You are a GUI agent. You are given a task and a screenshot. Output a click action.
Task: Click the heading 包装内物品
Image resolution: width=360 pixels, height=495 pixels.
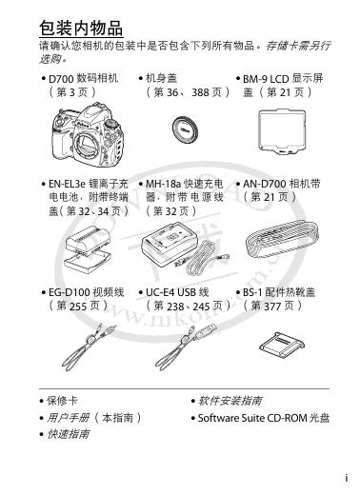coord(81,28)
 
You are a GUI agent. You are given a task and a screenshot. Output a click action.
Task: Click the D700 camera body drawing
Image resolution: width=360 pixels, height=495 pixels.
coord(88,135)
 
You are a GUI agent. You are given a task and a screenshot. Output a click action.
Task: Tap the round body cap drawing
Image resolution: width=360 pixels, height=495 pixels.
coord(185,129)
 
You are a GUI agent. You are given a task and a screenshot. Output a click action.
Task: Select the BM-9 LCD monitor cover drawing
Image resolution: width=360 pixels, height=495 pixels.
coord(282,131)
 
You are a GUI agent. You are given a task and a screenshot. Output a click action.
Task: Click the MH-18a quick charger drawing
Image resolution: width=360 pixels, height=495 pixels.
coord(186,247)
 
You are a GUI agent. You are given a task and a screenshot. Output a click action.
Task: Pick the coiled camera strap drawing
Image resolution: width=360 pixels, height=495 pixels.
coord(282,240)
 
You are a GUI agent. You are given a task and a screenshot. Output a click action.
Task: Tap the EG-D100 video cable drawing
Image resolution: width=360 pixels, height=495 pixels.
coord(90,346)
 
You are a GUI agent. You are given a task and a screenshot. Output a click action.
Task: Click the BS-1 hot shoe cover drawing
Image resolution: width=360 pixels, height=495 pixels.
coord(282,346)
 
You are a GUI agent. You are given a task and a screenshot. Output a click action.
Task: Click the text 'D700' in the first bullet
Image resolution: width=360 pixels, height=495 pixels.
coord(61,79)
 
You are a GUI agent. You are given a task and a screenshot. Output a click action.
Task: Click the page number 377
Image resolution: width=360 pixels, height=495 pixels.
coord(272,307)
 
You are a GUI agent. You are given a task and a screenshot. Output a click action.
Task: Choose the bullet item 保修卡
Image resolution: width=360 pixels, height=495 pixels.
coord(59,401)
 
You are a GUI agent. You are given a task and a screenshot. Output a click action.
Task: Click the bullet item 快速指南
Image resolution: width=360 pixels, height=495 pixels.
coord(65,434)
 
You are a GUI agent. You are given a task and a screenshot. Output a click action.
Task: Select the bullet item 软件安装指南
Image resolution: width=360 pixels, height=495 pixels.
coord(227,401)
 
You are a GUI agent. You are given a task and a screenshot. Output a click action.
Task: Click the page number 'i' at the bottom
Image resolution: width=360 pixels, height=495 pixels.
coord(347,478)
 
